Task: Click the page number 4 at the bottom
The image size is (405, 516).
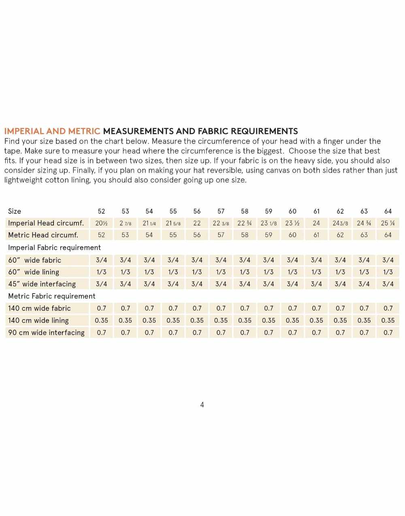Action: click(x=202, y=404)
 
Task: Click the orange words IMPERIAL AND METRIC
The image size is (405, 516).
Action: click(x=52, y=131)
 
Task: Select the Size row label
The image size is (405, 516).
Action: click(x=15, y=211)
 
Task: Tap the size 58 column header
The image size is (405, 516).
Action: click(x=245, y=211)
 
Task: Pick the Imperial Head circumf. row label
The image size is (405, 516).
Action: click(x=46, y=223)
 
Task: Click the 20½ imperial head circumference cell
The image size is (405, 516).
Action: click(x=101, y=223)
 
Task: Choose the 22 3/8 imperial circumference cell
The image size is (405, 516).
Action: click(x=221, y=223)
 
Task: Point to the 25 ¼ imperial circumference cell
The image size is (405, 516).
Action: click(x=388, y=223)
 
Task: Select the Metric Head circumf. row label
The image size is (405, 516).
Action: click(x=43, y=235)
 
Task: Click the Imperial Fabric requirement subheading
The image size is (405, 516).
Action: click(x=54, y=247)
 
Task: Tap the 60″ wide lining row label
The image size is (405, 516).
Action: click(x=34, y=272)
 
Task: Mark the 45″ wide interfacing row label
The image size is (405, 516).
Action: click(x=42, y=284)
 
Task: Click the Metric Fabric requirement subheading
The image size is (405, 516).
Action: click(x=52, y=296)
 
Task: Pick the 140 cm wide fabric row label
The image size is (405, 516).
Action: click(x=39, y=308)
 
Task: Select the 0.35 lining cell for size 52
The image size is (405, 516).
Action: click(x=101, y=320)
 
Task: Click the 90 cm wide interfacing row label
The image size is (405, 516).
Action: click(x=46, y=332)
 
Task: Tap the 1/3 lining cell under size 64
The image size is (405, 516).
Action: click(x=388, y=272)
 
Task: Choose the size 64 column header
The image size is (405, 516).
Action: click(x=388, y=211)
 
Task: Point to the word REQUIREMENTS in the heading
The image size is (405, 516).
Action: click(x=255, y=131)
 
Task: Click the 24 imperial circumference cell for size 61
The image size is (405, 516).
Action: click(x=316, y=223)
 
